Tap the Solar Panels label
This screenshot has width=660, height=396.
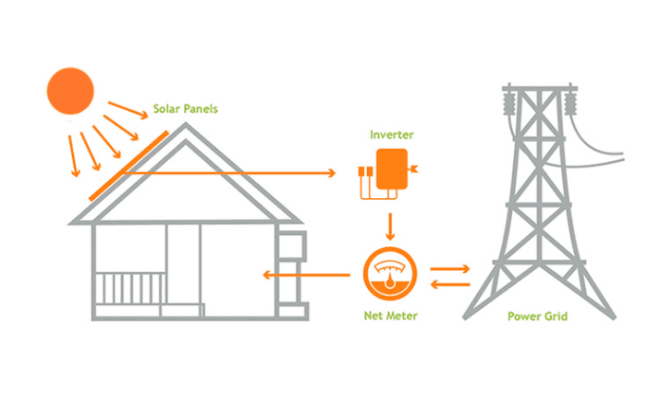tap(187, 109)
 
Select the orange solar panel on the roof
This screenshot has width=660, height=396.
tap(128, 167)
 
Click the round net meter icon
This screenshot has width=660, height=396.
tap(391, 275)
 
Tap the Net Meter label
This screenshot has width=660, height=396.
tap(390, 316)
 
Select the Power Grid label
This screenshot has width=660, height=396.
tap(537, 316)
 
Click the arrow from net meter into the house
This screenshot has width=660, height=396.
tap(305, 275)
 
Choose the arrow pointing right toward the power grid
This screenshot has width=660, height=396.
tap(450, 267)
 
